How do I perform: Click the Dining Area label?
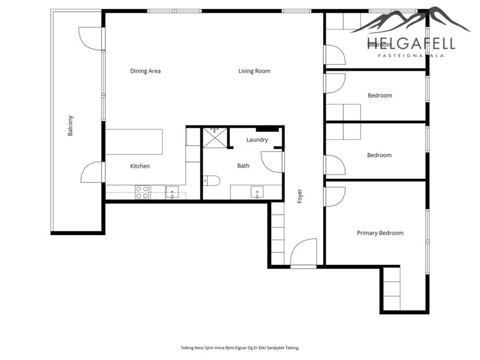click(x=145, y=71)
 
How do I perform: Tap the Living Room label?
click(x=254, y=71)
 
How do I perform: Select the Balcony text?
click(x=71, y=125)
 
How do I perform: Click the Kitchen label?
click(x=140, y=166)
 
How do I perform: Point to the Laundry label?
click(x=257, y=140)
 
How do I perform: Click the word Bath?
click(x=243, y=166)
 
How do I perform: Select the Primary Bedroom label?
click(x=380, y=233)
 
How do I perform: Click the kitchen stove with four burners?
click(x=142, y=192)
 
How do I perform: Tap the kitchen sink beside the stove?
click(x=172, y=192)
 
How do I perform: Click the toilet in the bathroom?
click(x=211, y=181)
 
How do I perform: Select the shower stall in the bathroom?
click(x=215, y=138)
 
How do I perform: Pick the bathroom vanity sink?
click(x=258, y=192)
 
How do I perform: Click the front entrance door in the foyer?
click(x=303, y=254)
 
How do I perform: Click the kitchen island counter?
click(x=134, y=142)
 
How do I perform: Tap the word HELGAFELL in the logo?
click(x=411, y=44)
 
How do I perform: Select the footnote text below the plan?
click(x=240, y=348)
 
